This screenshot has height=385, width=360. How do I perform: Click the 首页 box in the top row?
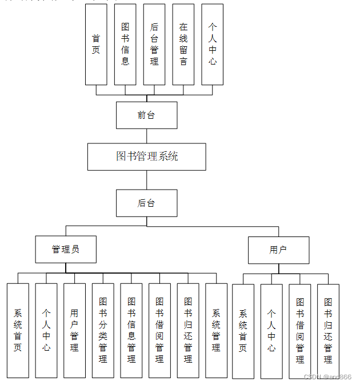point(96,45)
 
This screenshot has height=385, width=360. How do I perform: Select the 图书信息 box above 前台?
point(125,45)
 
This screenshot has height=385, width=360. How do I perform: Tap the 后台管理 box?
point(154,45)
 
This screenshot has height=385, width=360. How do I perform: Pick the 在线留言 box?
point(183,45)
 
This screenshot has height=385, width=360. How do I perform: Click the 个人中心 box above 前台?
point(213,45)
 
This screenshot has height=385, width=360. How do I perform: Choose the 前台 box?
point(146,115)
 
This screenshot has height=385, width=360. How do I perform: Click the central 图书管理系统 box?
point(146,156)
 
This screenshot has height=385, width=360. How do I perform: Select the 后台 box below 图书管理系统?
point(146,203)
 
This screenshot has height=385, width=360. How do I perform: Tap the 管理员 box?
point(66,250)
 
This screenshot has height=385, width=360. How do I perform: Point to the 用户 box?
point(278,250)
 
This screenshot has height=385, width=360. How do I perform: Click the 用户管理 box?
point(74,330)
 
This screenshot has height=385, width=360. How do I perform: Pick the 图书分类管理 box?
point(103,330)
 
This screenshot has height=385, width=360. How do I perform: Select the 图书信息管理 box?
point(131,330)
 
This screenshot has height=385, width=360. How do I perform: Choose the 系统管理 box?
point(216,330)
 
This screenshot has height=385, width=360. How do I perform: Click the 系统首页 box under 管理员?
point(18,330)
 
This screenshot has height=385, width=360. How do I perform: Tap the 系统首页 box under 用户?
point(243,331)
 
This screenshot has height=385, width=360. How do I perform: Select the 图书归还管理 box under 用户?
point(328,331)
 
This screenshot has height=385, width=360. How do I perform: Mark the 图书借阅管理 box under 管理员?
point(159,330)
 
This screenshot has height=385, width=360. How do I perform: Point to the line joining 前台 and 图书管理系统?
point(146,136)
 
